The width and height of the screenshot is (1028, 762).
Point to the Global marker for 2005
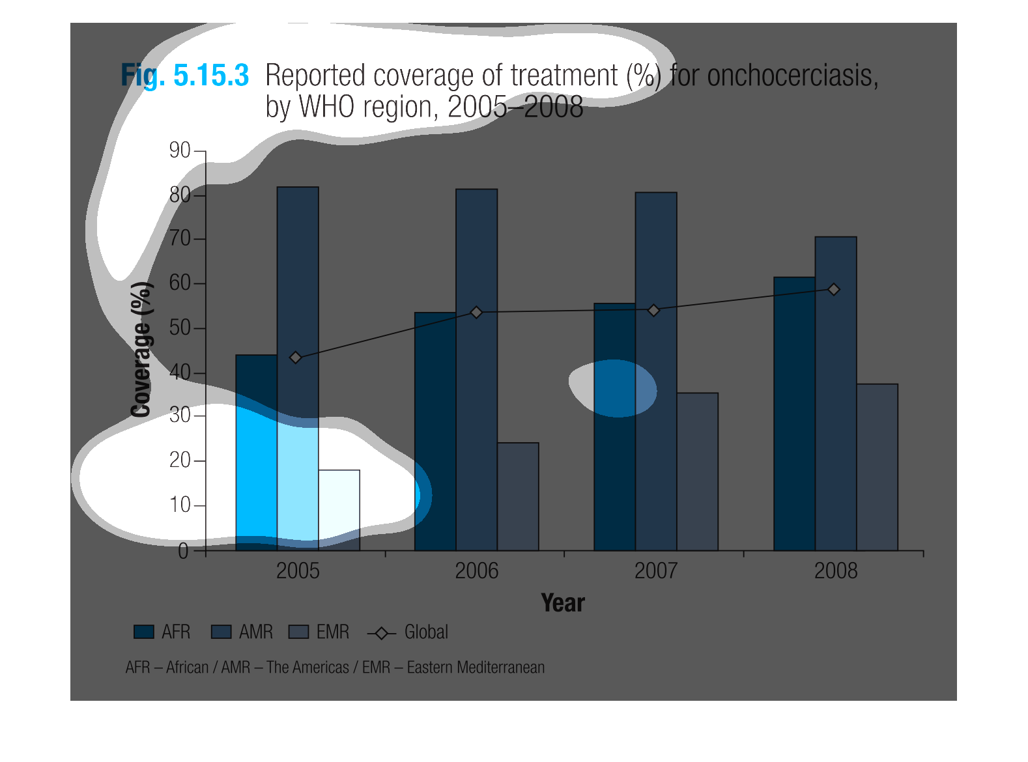tap(296, 358)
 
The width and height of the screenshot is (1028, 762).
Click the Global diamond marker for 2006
tap(476, 313)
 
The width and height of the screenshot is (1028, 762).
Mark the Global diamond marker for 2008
tap(834, 289)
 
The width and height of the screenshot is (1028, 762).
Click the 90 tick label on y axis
tap(180, 150)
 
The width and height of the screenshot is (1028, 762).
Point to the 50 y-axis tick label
tap(180, 328)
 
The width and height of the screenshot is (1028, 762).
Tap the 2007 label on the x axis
tap(656, 571)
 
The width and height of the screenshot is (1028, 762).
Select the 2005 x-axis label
tap(298, 571)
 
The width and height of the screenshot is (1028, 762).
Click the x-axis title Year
tap(563, 603)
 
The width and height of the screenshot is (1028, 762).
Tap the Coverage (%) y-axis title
tap(141, 350)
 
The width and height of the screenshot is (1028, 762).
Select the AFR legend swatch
tap(144, 632)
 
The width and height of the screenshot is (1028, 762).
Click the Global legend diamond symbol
tap(382, 633)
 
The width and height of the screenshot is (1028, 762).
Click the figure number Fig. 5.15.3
tap(185, 76)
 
